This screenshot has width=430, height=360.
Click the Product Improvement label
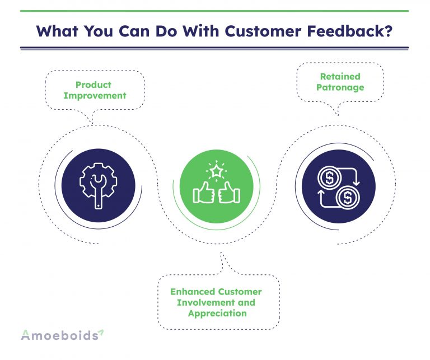(x=95, y=90)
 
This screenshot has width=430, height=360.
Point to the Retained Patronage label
(x=340, y=82)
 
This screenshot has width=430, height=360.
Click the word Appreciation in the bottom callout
(x=217, y=313)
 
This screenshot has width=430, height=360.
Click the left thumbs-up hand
(x=204, y=194)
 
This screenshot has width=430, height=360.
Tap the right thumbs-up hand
(x=228, y=194)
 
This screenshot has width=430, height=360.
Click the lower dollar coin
(x=348, y=197)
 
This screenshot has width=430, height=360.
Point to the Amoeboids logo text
(x=58, y=335)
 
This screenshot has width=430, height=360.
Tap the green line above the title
(x=215, y=11)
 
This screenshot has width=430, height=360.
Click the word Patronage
(x=340, y=87)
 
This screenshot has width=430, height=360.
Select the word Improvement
(x=95, y=95)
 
